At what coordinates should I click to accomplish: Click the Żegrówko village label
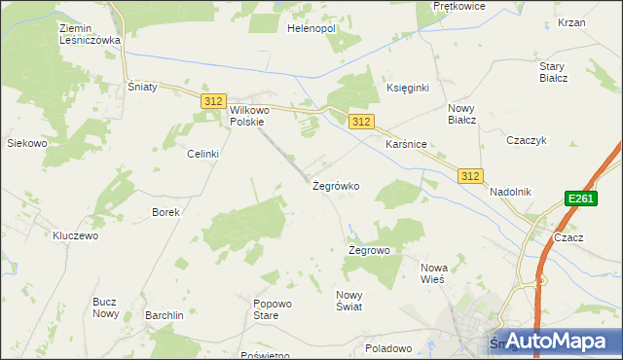click(336, 185)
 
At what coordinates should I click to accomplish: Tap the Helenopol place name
click(311, 29)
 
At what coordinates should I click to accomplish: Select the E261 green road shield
click(580, 198)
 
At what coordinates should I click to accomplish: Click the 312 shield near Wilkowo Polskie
click(214, 101)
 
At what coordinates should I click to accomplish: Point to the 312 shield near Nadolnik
click(471, 175)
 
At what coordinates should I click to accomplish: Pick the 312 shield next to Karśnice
click(361, 122)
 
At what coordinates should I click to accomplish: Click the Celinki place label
click(203, 154)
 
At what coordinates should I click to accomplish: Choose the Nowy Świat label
click(348, 301)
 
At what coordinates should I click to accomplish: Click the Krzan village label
click(571, 22)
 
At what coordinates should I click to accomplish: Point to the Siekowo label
click(27, 143)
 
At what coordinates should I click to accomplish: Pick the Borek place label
click(165, 211)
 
